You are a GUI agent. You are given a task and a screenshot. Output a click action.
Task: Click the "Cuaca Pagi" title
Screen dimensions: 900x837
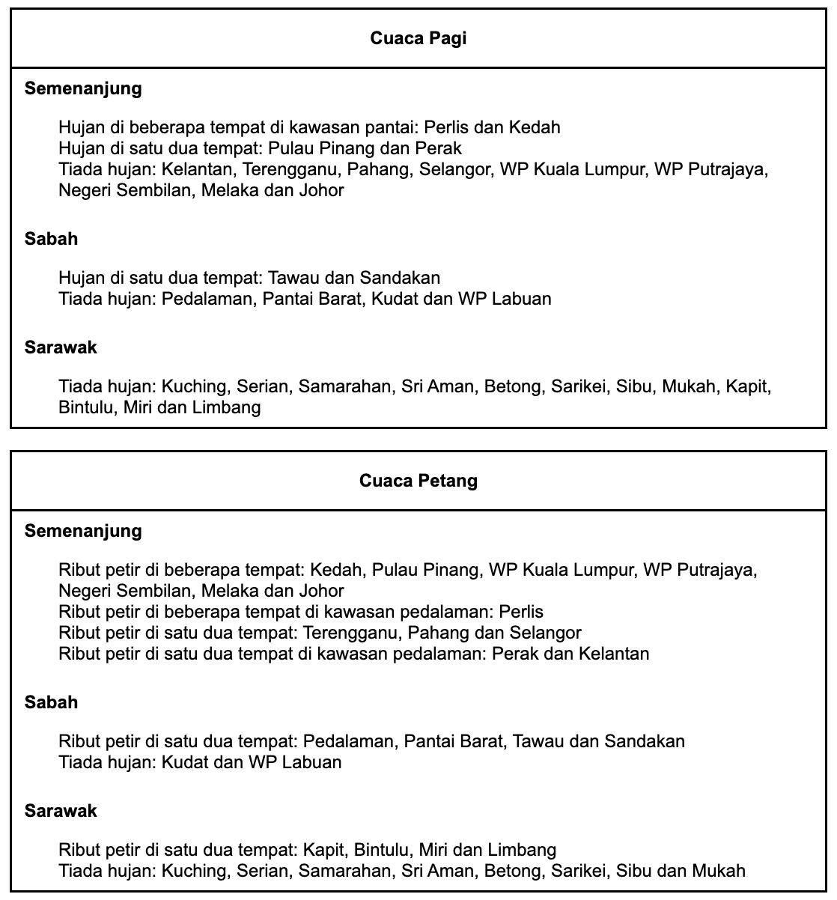(418, 38)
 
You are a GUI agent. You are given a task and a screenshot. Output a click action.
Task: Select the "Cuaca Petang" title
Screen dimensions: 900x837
(418, 481)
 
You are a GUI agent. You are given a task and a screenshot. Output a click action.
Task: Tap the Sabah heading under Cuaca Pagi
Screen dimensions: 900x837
(51, 240)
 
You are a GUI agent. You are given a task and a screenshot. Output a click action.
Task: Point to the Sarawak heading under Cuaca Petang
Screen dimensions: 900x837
(61, 811)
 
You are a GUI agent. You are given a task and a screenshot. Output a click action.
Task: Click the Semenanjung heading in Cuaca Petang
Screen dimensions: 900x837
(83, 532)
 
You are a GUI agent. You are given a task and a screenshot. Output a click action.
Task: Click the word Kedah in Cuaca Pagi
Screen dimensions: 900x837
(535, 127)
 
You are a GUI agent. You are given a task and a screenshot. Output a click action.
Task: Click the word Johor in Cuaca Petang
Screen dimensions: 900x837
(322, 591)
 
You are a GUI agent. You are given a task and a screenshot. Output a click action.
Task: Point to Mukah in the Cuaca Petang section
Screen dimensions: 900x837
(719, 871)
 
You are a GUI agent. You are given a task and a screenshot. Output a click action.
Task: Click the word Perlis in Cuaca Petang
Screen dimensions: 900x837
(520, 612)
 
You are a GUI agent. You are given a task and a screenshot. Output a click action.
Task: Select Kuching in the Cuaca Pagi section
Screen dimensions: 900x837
(194, 387)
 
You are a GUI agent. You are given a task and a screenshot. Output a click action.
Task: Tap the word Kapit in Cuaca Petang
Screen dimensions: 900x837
(324, 851)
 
